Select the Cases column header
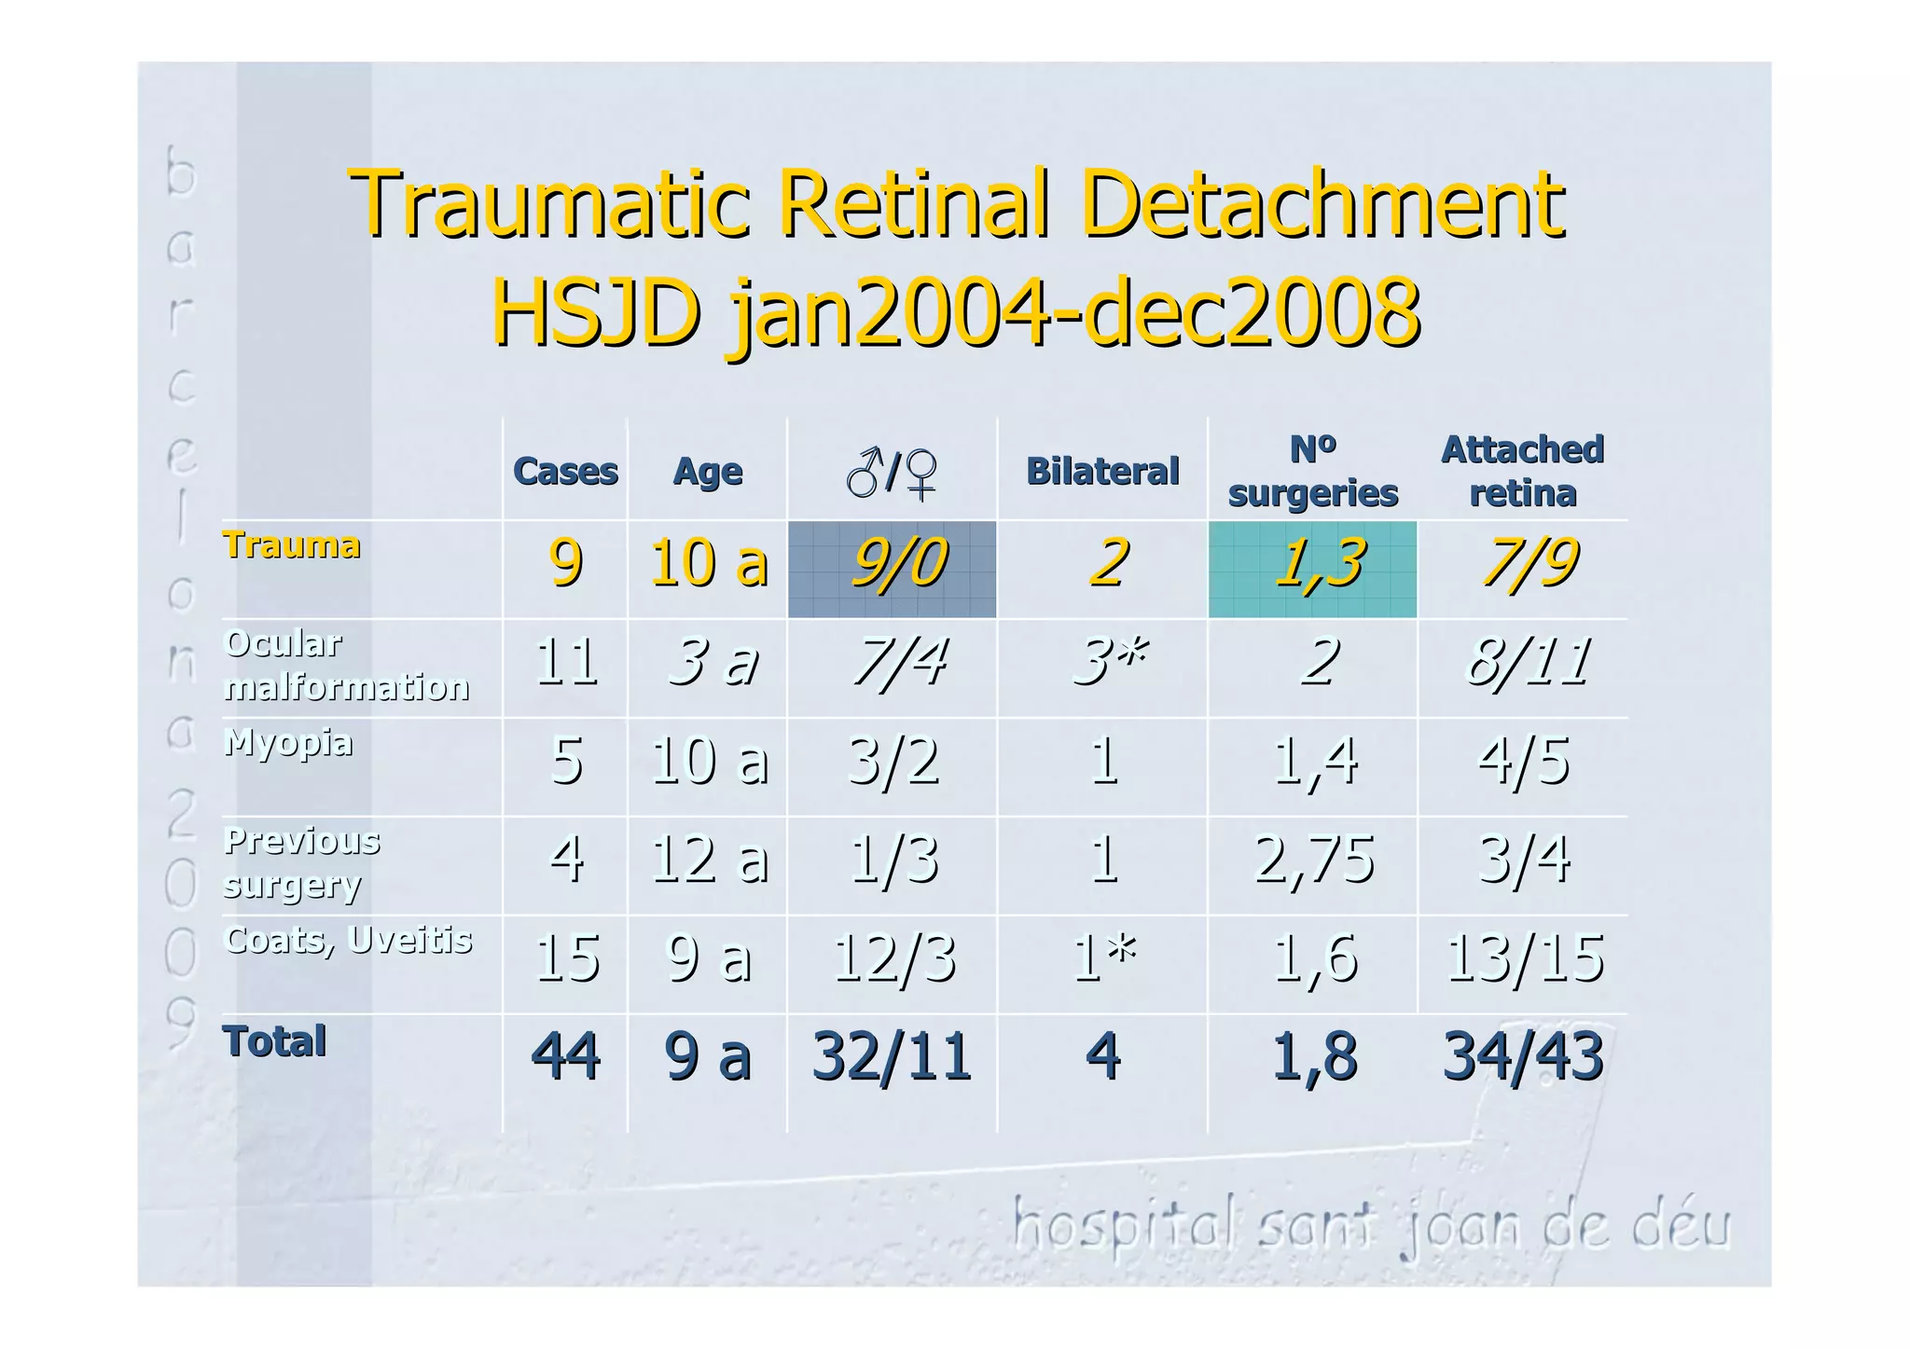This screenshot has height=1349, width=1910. click(565, 471)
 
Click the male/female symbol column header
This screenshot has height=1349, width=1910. click(892, 473)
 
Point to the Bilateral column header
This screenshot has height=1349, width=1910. click(1102, 471)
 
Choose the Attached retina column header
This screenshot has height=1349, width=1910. click(1522, 471)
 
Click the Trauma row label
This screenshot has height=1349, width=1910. click(291, 545)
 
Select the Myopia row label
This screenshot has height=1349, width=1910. click(288, 743)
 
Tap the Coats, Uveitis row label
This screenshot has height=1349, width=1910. click(348, 940)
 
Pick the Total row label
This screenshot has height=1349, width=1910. click(274, 1041)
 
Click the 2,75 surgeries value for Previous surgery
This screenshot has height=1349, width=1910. click(1313, 860)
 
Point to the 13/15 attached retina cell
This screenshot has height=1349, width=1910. click(1524, 958)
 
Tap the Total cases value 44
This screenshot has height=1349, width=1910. click(565, 1056)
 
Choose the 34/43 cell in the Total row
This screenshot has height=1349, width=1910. click(1522, 1056)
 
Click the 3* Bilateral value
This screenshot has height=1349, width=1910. click(1108, 662)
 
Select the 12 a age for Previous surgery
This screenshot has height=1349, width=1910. click(709, 860)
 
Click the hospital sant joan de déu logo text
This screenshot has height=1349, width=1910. click(1371, 1225)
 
